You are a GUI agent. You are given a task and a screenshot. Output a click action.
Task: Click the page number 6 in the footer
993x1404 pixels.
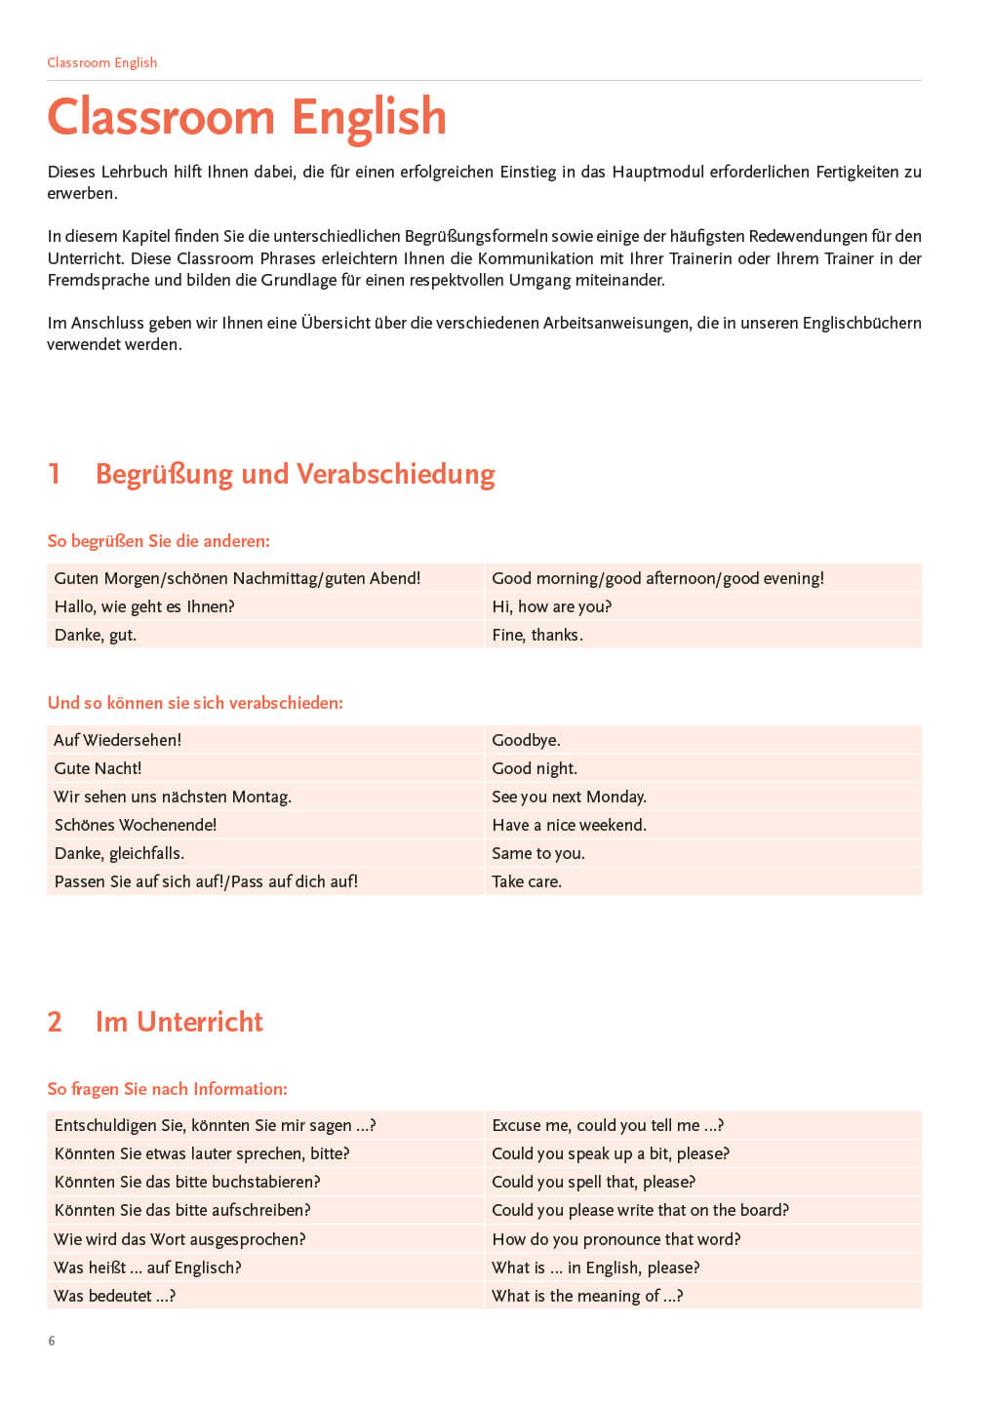(52, 1341)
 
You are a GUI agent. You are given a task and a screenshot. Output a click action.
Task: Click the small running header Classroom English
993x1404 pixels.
(101, 62)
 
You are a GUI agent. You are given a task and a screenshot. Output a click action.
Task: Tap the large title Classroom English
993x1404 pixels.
(247, 117)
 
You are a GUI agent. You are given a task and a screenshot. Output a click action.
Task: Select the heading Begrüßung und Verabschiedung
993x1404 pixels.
(295, 474)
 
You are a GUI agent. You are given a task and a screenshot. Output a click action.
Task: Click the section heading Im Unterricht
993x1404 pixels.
(179, 1022)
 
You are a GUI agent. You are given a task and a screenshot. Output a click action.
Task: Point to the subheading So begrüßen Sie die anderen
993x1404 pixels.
(158, 541)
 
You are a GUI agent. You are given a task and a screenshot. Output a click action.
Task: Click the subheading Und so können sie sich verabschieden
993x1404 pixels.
(195, 703)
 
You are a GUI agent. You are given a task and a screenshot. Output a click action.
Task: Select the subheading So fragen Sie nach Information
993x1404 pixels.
(167, 1089)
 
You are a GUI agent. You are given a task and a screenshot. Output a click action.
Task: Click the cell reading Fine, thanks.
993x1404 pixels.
(537, 635)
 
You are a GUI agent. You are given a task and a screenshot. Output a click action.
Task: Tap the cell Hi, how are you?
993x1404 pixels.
(551, 606)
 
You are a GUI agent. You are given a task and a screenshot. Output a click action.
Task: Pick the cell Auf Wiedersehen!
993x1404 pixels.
(118, 740)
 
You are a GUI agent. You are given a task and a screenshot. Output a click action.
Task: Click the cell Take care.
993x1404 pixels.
(527, 881)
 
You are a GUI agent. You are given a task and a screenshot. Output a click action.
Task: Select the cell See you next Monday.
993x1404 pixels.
(569, 797)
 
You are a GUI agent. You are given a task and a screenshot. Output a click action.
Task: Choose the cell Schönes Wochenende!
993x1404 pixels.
(136, 825)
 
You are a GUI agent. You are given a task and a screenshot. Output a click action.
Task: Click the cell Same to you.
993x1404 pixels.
(537, 853)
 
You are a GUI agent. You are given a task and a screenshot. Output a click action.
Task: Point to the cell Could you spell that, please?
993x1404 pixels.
(593, 1182)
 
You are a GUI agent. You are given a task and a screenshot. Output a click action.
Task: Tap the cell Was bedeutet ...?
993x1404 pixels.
(115, 1296)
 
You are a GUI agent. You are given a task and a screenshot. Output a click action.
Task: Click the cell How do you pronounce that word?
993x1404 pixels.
(616, 1239)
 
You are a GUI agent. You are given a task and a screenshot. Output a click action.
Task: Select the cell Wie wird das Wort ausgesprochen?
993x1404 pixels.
(179, 1239)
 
